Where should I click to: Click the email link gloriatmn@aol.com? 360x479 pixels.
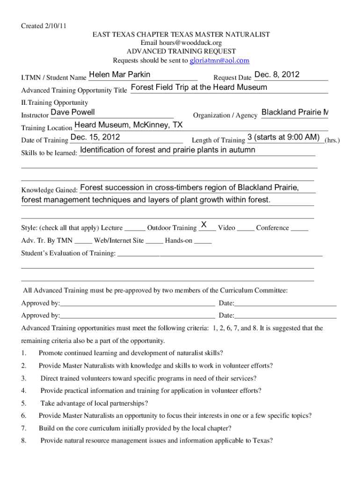pos(219,61)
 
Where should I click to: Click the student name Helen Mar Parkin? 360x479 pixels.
pos(120,75)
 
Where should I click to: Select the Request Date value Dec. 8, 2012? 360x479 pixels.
pos(277,75)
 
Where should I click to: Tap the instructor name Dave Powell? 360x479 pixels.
pos(72,112)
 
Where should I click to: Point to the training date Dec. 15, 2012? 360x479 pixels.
pos(95,137)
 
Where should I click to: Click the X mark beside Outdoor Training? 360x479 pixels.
pos(204,225)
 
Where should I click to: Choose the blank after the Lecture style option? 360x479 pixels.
pos(135,228)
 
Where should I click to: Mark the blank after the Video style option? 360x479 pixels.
pos(245,228)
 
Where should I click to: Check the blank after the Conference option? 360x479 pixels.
pos(299,228)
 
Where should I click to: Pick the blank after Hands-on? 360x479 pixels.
pos(203,241)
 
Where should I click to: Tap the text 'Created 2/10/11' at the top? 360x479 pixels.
pos(43,26)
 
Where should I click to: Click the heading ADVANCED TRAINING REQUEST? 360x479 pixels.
pos(181,51)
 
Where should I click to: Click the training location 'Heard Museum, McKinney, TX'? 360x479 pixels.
pos(129,125)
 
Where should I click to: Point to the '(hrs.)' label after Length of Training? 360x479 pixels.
pos(332,140)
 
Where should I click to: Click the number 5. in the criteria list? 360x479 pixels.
pos(24,403)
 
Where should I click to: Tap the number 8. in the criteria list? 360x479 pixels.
pos(24,441)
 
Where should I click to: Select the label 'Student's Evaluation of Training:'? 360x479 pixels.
pos(68,254)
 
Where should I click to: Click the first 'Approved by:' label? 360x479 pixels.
pos(41,304)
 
